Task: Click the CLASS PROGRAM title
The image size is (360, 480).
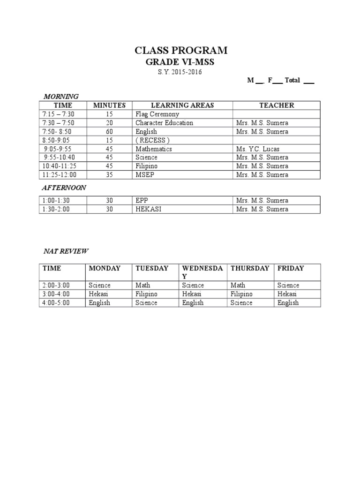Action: pyautogui.click(x=181, y=51)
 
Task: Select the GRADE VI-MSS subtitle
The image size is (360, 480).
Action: pyautogui.click(x=181, y=62)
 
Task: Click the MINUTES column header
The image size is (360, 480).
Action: pyautogui.click(x=109, y=105)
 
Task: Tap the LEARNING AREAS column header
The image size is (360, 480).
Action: pyautogui.click(x=182, y=105)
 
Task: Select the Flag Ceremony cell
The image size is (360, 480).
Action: pyautogui.click(x=157, y=114)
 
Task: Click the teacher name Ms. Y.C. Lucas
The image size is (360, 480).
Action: pyautogui.click(x=258, y=149)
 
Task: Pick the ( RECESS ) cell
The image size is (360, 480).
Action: pyautogui.click(x=152, y=140)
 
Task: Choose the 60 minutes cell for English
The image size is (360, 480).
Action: pyautogui.click(x=109, y=132)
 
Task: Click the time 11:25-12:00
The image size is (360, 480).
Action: pyautogui.click(x=59, y=175)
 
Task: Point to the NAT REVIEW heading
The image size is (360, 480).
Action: pyautogui.click(x=66, y=251)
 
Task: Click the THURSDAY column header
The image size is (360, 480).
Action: pyautogui.click(x=250, y=268)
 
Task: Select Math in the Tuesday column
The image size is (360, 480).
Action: pyautogui.click(x=142, y=285)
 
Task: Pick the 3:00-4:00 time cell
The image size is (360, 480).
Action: pyautogui.click(x=56, y=294)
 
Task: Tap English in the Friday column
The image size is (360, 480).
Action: pyautogui.click(x=288, y=303)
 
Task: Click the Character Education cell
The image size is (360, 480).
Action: pyautogui.click(x=164, y=123)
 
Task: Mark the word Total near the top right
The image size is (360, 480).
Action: pyautogui.click(x=292, y=81)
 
